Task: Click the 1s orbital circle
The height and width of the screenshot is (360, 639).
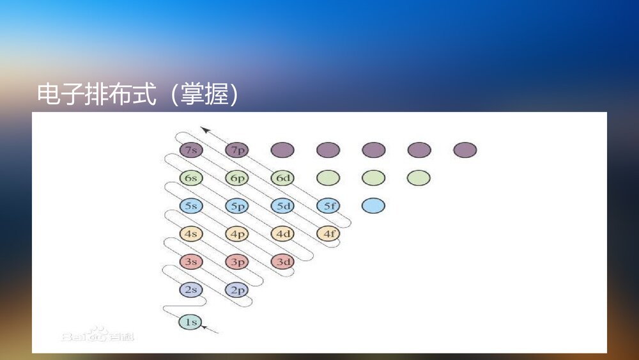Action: point(190,322)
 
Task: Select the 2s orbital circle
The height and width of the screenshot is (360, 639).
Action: point(190,290)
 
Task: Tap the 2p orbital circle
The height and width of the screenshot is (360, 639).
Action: point(236,290)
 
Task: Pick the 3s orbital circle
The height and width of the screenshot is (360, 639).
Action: point(190,262)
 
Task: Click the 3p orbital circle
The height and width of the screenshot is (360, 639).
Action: point(236,262)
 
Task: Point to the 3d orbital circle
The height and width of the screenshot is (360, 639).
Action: point(282,262)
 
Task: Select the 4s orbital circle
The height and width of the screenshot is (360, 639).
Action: point(190,234)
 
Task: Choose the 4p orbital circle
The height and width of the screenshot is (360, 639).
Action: point(236,234)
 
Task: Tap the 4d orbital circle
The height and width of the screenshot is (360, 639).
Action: point(282,234)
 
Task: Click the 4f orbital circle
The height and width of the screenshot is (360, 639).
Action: point(328,234)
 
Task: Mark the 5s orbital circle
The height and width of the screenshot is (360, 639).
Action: point(190,206)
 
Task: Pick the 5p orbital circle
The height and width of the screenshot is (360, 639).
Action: point(236,206)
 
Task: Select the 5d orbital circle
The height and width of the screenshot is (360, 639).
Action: point(282,206)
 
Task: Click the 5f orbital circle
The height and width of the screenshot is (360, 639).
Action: point(328,206)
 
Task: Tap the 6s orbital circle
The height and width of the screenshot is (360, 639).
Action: point(190,178)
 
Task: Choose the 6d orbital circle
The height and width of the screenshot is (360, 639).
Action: point(282,178)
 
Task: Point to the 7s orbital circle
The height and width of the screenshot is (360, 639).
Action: point(190,150)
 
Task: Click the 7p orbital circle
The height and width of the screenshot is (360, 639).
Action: point(236,150)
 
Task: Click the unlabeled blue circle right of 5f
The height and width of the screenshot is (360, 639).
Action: point(374,206)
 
